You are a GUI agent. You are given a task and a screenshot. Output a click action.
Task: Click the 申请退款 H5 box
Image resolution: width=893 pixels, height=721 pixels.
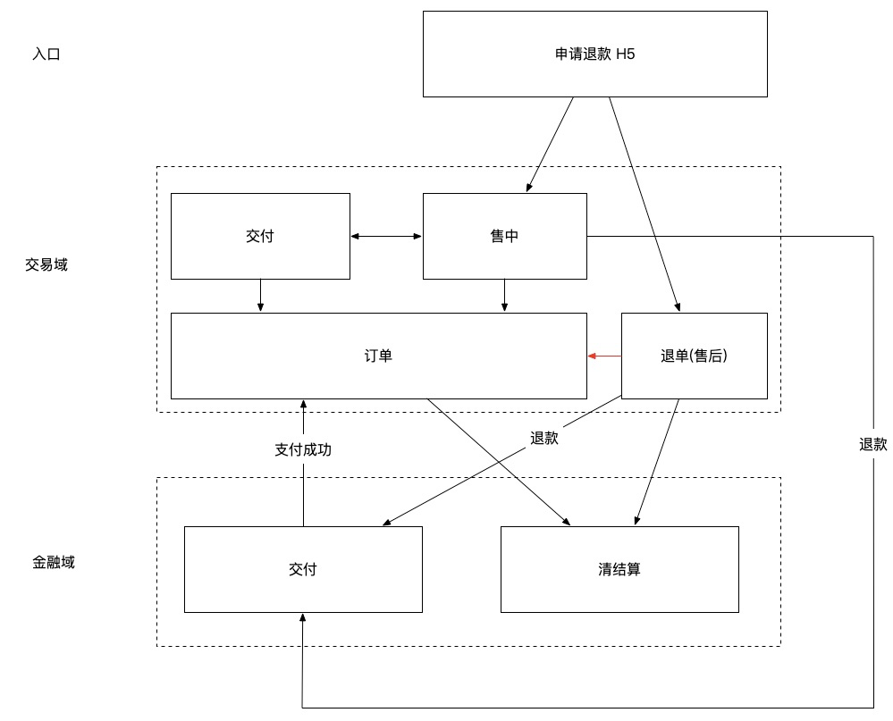pos(594,54)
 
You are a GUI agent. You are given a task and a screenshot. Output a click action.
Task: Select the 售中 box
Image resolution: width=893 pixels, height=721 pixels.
pos(505,236)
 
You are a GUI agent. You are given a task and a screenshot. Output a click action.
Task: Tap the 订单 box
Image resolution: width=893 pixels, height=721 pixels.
pos(379,356)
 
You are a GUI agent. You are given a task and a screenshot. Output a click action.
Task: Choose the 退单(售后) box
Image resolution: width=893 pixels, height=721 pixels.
pos(694,356)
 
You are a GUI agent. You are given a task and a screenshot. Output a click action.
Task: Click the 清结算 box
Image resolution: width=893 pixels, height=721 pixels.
pos(619,569)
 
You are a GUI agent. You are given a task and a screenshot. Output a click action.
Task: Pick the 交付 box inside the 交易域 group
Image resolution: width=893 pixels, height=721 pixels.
pos(260,236)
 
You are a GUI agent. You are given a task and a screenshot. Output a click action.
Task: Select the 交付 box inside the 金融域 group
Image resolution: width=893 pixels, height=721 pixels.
pos(303,569)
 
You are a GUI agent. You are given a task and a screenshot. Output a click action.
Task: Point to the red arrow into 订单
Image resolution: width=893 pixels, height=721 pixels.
pos(604,356)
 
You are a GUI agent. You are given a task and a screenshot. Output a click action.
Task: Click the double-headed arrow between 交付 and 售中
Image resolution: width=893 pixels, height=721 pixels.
pos(386,236)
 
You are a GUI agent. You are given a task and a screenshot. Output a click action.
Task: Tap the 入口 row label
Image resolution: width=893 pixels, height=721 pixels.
pos(46,54)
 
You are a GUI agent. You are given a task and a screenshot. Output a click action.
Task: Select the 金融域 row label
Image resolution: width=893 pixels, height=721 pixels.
pos(54,563)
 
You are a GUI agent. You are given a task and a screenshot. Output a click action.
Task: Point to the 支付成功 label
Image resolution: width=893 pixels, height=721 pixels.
pos(303,450)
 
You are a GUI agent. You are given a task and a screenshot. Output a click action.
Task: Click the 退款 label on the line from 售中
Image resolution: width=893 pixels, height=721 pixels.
pos(872,445)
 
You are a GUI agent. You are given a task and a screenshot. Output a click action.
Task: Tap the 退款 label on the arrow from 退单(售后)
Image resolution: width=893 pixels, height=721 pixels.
pos(543,438)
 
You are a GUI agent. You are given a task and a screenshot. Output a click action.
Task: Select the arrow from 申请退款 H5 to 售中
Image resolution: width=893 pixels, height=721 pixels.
pos(551,144)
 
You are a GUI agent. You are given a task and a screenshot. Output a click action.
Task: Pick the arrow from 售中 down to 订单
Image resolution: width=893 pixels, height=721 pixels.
pos(504,296)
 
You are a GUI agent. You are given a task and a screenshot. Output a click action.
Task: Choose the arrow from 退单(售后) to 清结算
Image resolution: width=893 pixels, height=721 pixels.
pos(657,462)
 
